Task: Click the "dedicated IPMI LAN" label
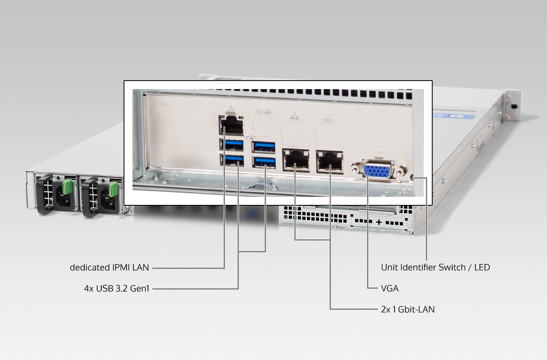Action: [x=109, y=268]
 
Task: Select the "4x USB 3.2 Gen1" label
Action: [x=116, y=288]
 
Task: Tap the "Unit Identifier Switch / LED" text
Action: [x=436, y=268]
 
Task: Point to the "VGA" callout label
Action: [x=390, y=288]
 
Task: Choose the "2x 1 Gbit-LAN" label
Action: [x=408, y=309]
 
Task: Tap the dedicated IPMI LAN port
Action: [x=231, y=125]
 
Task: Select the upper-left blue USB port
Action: [x=231, y=145]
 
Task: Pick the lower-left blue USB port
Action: [x=232, y=160]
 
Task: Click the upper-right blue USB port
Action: [x=263, y=147]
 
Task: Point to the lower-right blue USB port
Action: [x=264, y=162]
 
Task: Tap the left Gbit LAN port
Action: [x=296, y=160]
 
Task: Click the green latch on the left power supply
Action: [x=68, y=187]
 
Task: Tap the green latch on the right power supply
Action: [x=113, y=189]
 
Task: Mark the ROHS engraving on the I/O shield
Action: [x=160, y=102]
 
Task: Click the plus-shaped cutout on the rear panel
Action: [x=379, y=222]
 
